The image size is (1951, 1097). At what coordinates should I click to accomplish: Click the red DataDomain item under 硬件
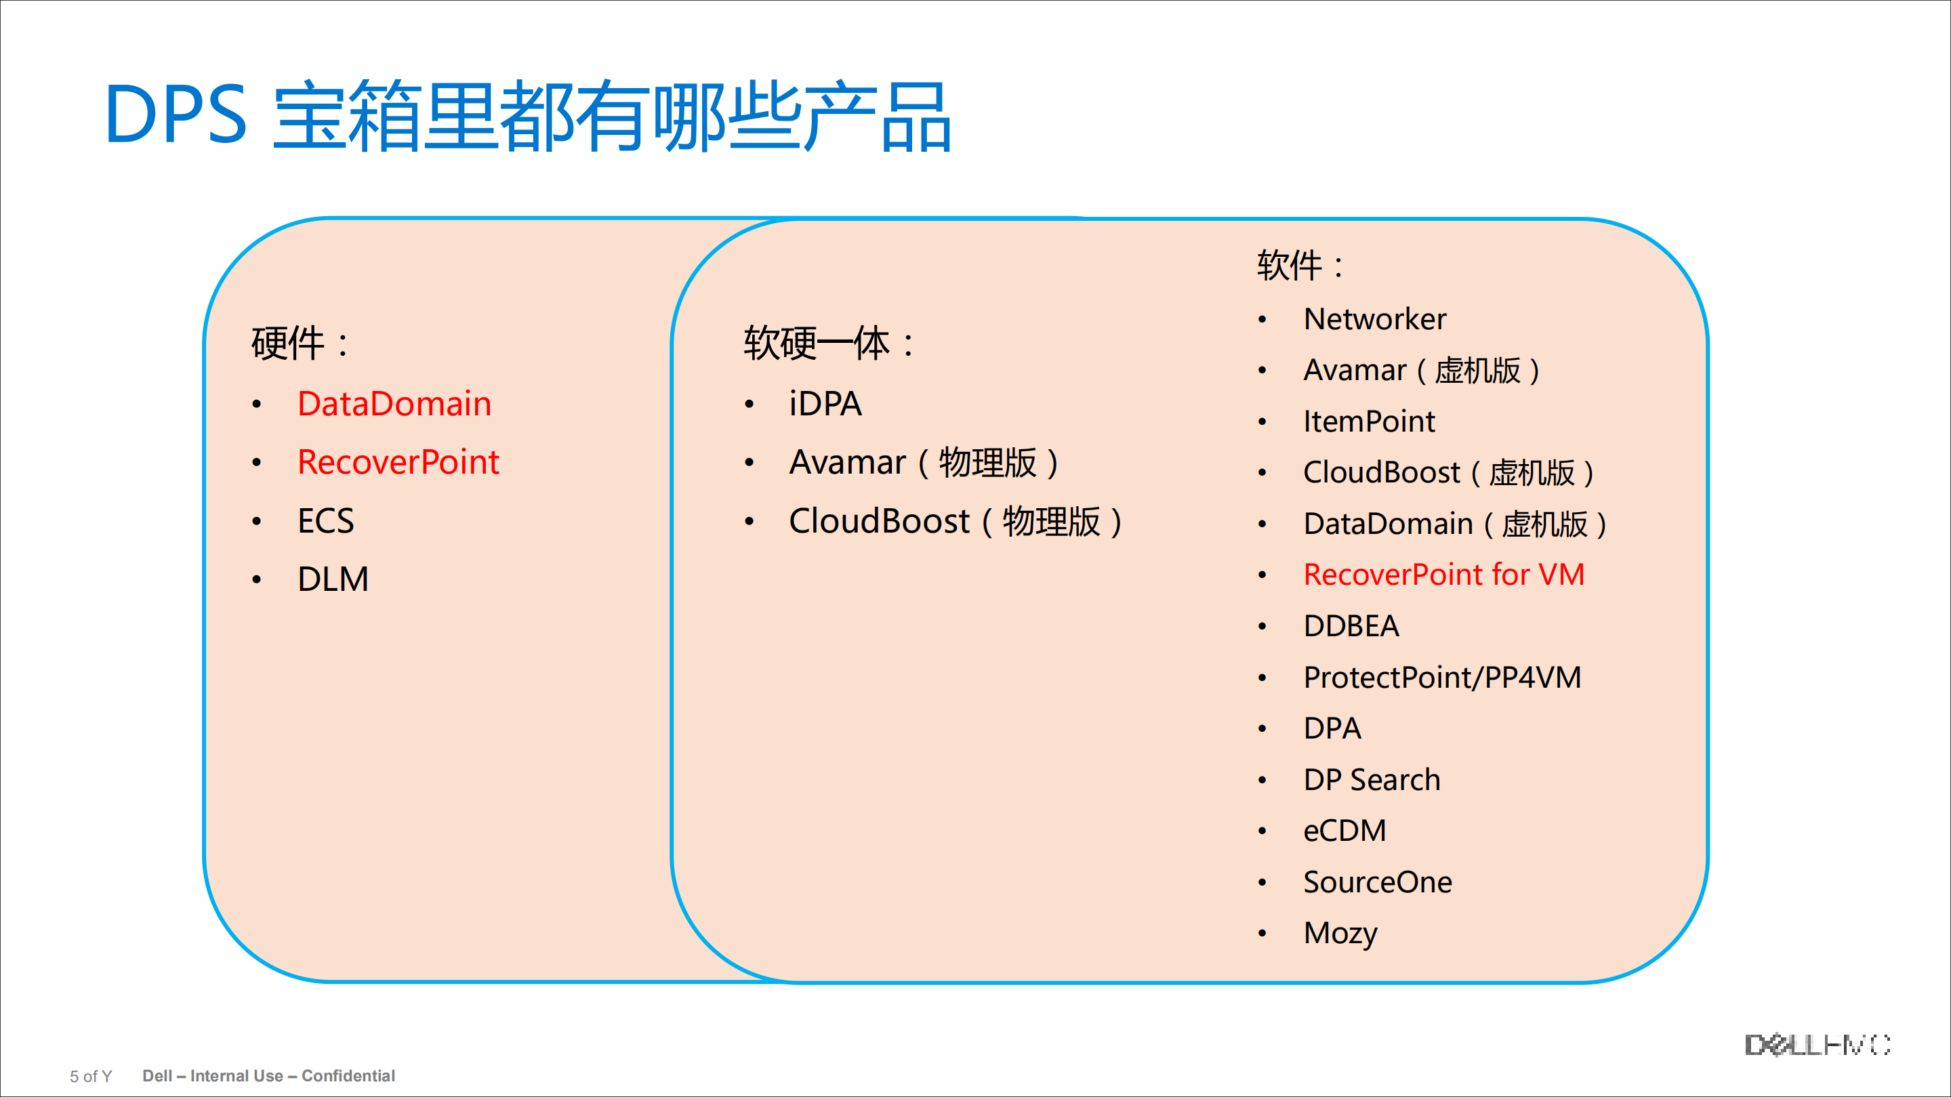point(394,404)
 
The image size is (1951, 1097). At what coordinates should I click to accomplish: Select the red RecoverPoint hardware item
point(398,462)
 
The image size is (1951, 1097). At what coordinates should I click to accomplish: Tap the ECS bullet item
point(326,521)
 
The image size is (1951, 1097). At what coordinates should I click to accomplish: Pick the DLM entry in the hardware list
point(333,579)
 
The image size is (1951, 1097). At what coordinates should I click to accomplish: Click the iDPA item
point(825,404)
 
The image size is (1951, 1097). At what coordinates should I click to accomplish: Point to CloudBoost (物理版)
point(955,522)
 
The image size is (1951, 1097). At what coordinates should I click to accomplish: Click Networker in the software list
point(1374,318)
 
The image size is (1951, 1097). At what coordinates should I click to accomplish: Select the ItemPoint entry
point(1369,421)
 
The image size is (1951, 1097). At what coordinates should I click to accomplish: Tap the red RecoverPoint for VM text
point(1443,575)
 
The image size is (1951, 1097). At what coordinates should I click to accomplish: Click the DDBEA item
point(1351,626)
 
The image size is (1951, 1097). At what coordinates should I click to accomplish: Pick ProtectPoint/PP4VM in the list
point(1442,678)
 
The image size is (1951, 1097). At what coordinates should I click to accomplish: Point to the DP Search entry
point(1372,780)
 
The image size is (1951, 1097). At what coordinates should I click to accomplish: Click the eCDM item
point(1344,831)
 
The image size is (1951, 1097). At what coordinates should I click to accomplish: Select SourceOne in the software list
point(1378,882)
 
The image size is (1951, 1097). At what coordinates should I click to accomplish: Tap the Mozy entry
point(1340,934)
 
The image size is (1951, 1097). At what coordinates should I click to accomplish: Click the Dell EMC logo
point(1817,1045)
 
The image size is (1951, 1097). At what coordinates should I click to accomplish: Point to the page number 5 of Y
point(91,1076)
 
